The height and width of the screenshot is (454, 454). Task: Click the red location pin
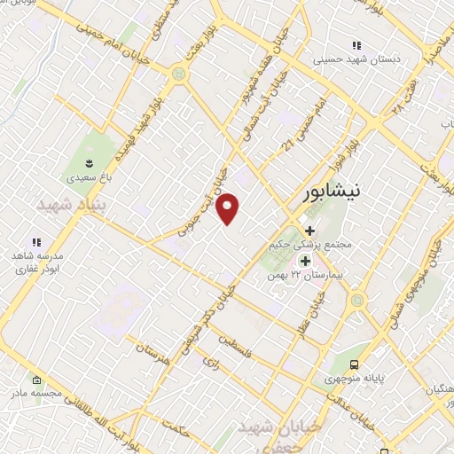pyautogui.click(x=229, y=208)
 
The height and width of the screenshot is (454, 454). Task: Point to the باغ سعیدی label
pyautogui.click(x=90, y=177)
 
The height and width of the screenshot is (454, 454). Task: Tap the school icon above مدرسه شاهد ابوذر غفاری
pyautogui.click(x=36, y=241)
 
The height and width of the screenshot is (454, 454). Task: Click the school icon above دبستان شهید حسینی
pyautogui.click(x=356, y=45)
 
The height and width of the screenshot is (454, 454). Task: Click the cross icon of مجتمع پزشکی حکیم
pyautogui.click(x=309, y=231)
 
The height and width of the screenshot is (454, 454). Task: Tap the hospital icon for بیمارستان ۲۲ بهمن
pyautogui.click(x=306, y=261)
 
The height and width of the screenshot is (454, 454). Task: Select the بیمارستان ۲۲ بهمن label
pyautogui.click(x=309, y=276)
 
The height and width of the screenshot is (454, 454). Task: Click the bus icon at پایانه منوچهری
pyautogui.click(x=355, y=364)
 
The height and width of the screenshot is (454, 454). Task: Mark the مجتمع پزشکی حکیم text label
pyautogui.click(x=309, y=245)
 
